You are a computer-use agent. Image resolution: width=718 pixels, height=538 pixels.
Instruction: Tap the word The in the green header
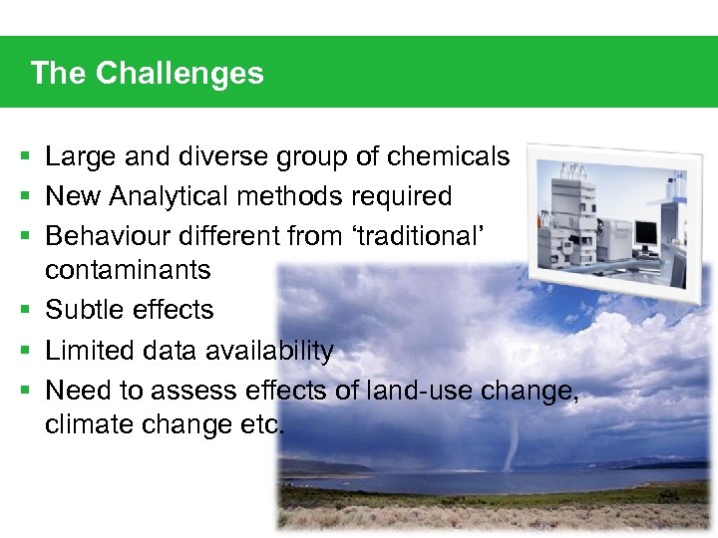coord(57,73)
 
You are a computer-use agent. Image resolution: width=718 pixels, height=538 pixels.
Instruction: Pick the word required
coord(399,197)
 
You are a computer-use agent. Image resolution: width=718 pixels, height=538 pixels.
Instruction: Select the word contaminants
coord(128,270)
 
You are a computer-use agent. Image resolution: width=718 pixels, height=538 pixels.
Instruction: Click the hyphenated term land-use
coord(418,390)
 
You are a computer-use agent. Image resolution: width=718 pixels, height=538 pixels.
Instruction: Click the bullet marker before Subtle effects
coord(24,311)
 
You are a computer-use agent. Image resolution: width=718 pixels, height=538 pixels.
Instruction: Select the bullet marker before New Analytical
coord(24,197)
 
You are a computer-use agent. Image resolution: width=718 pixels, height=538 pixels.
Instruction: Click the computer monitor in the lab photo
coord(646,233)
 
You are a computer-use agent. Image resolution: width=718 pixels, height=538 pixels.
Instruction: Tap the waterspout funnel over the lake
coord(512,442)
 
